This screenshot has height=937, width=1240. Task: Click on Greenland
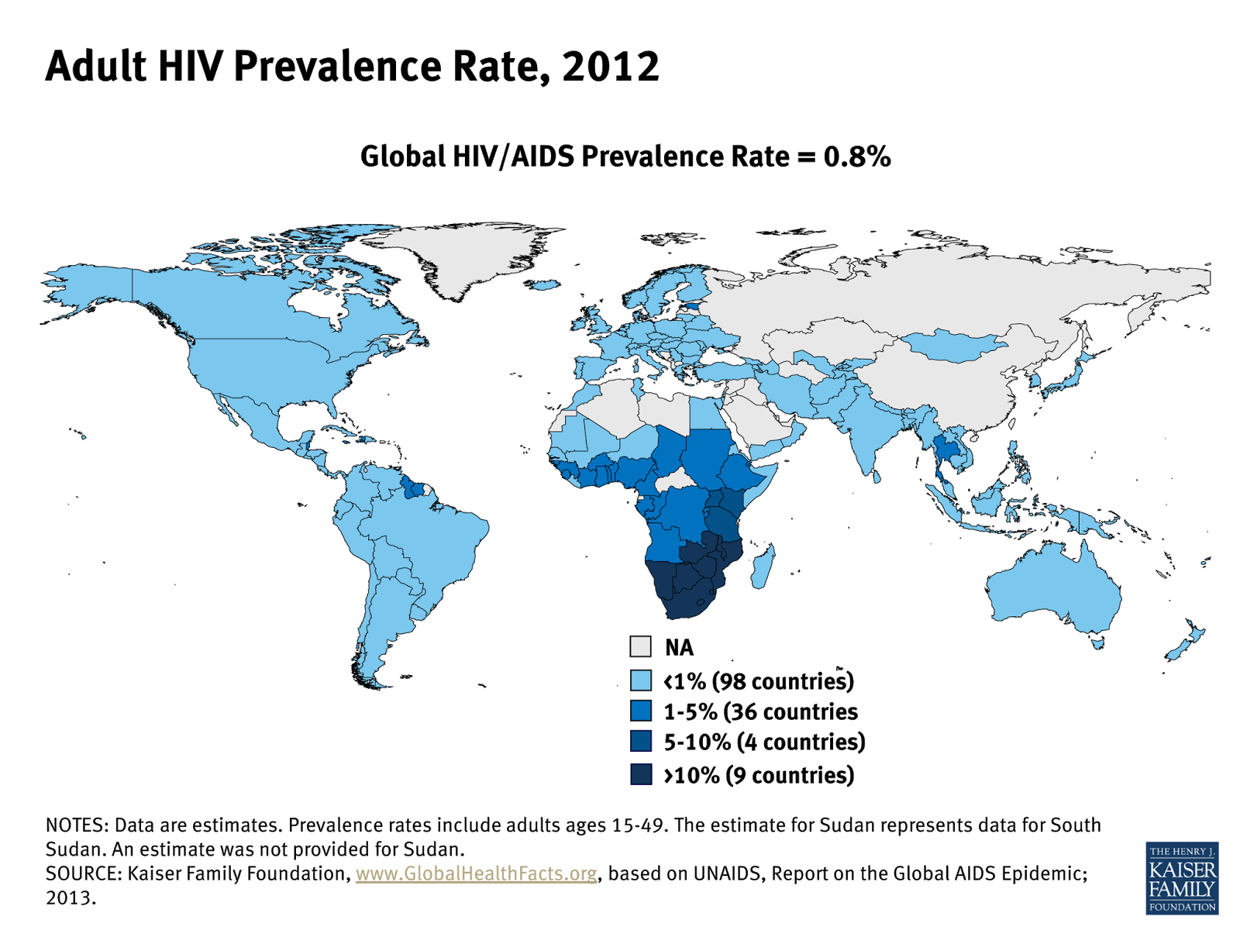click(465, 252)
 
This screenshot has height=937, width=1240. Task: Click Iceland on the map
click(547, 285)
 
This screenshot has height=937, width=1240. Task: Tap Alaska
click(93, 287)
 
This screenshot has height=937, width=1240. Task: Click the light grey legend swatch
click(641, 646)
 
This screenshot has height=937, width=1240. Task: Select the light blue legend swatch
click(641, 680)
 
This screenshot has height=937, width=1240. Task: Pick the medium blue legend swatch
click(641, 711)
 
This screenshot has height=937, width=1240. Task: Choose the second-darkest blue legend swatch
click(641, 741)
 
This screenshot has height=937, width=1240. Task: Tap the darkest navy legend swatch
click(641, 773)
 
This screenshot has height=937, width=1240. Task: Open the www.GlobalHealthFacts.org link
click(476, 873)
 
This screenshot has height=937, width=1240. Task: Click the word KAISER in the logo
click(1182, 870)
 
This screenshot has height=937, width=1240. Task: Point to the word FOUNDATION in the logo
click(1182, 907)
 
